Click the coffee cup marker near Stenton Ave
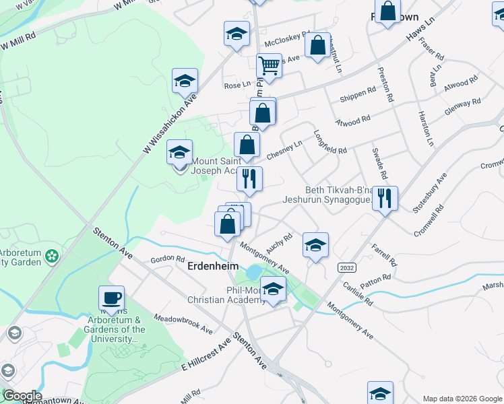click(x=111, y=297)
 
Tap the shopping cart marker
click(x=269, y=66)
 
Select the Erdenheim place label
click(x=213, y=266)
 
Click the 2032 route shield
click(x=346, y=267)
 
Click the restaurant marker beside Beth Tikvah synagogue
click(x=385, y=198)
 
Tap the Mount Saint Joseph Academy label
click(x=216, y=166)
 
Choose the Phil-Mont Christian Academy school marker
click(x=273, y=290)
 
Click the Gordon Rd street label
click(x=167, y=259)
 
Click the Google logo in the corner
click(x=22, y=396)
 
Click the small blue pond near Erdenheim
click(x=253, y=273)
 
